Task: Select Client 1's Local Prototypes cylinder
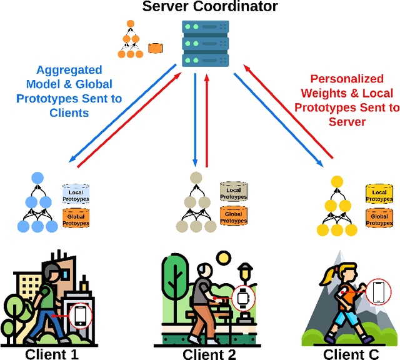pyautogui.click(x=76, y=194)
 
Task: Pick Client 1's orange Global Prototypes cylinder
pyautogui.click(x=76, y=219)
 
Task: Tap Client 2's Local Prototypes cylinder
pyautogui.click(x=233, y=194)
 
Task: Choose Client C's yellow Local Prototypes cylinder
pyautogui.click(x=379, y=194)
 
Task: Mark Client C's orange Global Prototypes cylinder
pyautogui.click(x=379, y=218)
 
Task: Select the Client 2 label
pyautogui.click(x=209, y=354)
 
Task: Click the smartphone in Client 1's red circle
pyautogui.click(x=80, y=316)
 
